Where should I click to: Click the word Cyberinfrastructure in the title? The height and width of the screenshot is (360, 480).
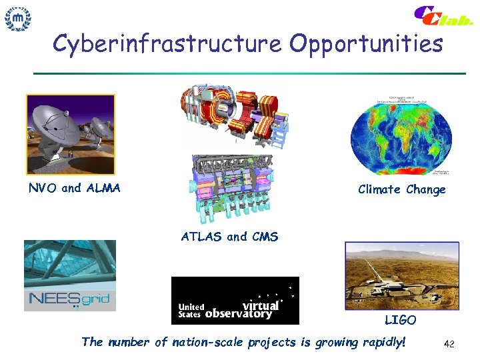[x=167, y=44]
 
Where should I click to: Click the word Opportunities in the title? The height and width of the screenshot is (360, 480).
[x=366, y=44]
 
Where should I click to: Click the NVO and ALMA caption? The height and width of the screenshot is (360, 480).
[x=75, y=188]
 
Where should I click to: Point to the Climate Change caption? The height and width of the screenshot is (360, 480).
[x=401, y=189]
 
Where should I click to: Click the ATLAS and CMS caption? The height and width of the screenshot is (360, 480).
[x=229, y=236]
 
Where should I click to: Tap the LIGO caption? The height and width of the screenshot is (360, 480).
[x=400, y=320]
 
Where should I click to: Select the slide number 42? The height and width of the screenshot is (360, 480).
[x=449, y=344]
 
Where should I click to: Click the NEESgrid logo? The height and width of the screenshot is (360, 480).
[x=69, y=298]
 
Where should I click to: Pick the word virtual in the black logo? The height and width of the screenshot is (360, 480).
[x=262, y=303]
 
